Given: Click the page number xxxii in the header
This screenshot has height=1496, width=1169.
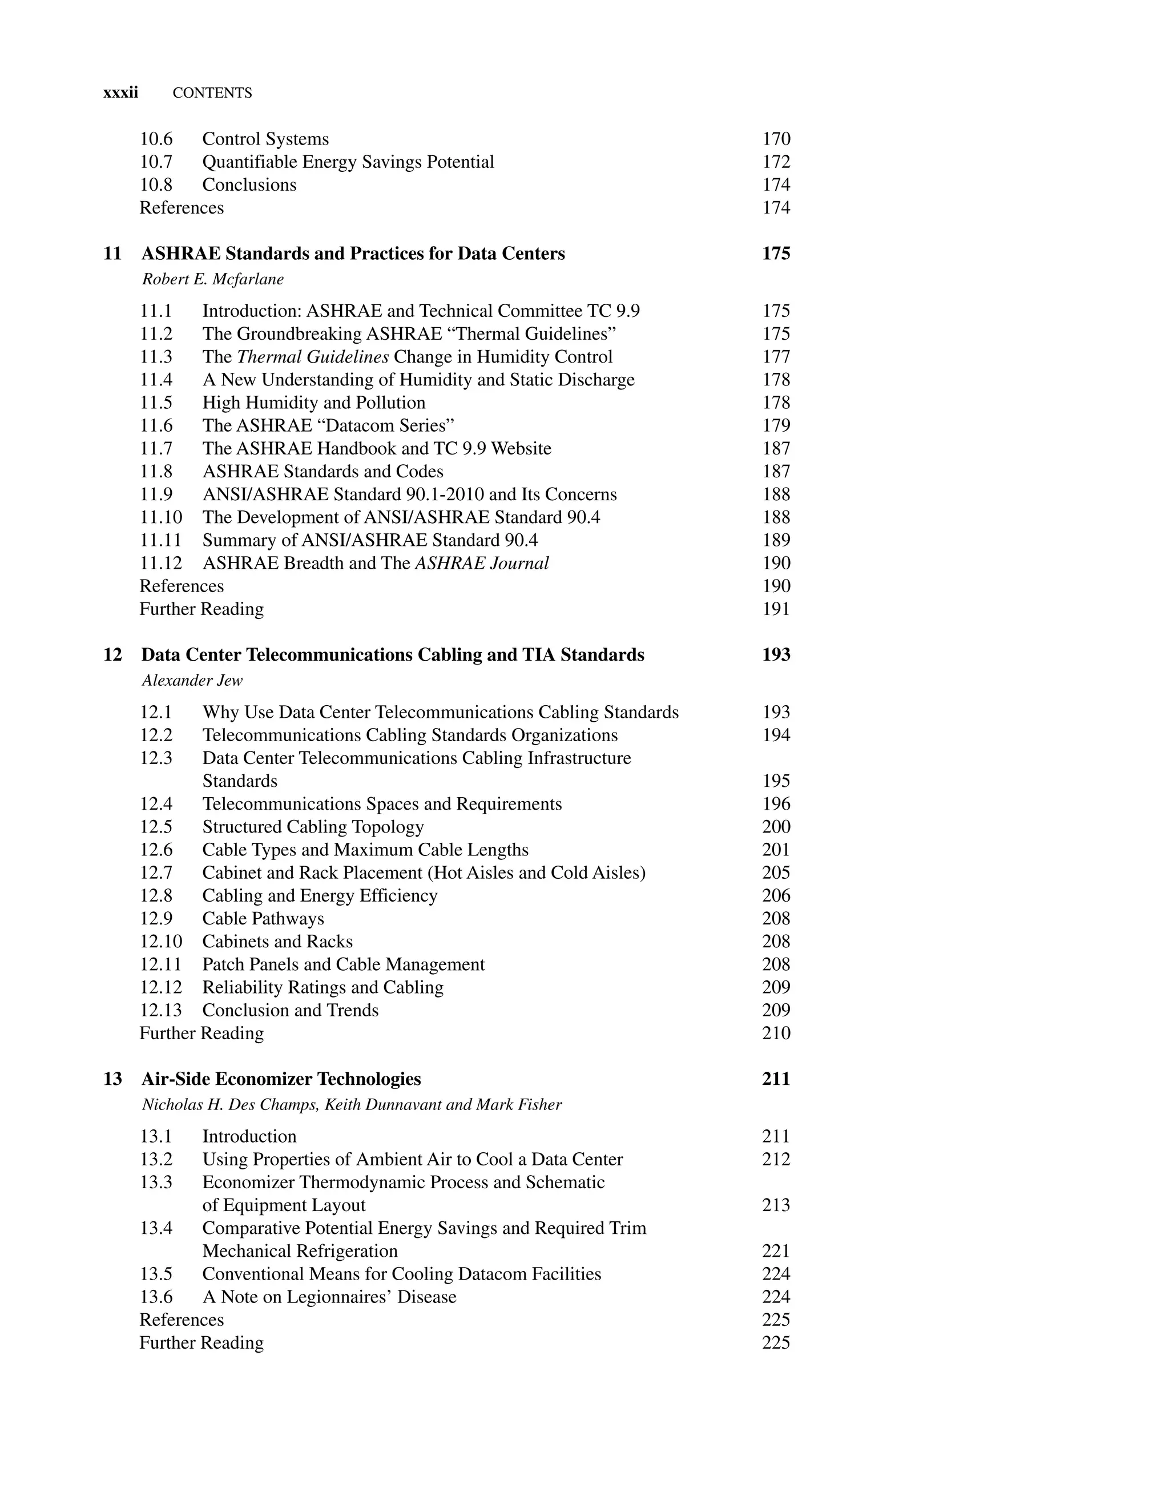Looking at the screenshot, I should click(120, 93).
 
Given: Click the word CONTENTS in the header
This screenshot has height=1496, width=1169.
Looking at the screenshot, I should click(212, 93).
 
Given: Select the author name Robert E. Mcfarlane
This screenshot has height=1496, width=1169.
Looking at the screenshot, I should click(212, 279).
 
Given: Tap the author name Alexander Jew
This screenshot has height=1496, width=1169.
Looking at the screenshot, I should click(192, 681).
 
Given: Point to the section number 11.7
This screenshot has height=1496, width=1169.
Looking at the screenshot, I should click(156, 449).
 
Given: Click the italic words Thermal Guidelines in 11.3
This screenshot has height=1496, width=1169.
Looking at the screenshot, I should click(313, 357).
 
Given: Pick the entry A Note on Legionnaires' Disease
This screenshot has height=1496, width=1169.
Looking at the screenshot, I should click(329, 1297).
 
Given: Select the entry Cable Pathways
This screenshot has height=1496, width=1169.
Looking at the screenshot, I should click(263, 919).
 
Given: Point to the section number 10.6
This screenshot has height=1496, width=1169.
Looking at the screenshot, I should click(156, 139).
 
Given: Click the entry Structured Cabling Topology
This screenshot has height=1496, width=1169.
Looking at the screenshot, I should click(313, 827).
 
